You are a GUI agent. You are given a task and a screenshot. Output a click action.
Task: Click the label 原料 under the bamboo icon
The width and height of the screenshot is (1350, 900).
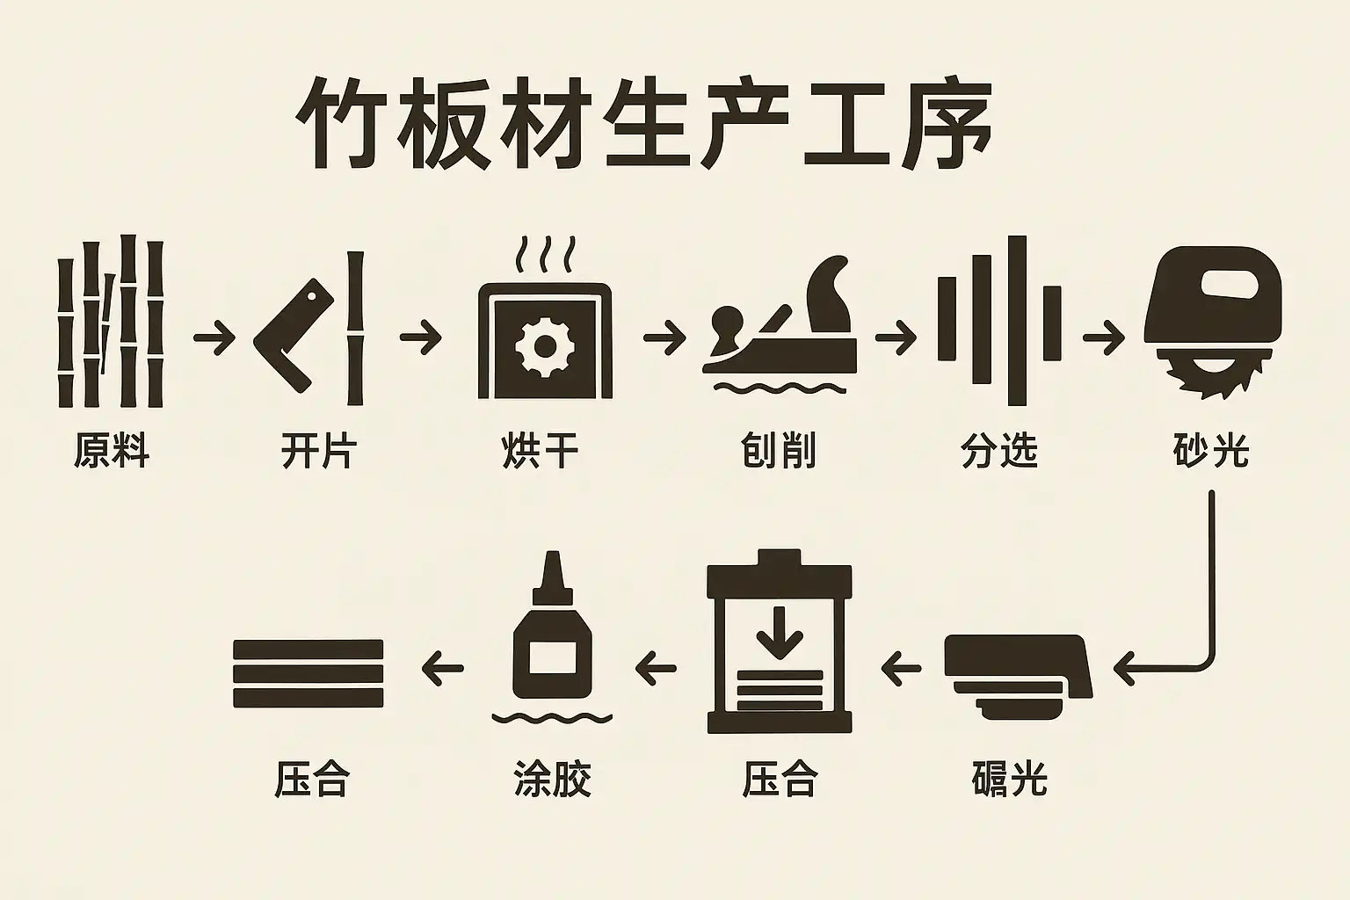[x=112, y=450]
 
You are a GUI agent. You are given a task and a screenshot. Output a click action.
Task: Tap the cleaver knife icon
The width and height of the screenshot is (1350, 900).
[x=294, y=336]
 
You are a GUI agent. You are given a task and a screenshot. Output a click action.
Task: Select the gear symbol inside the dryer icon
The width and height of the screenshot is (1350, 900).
[x=545, y=346]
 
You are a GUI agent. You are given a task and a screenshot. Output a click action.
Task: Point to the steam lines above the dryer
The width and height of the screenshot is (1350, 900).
[x=546, y=254]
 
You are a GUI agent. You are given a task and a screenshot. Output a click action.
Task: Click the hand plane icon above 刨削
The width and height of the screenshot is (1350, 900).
[x=780, y=323]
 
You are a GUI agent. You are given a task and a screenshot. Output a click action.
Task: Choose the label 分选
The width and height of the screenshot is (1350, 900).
[x=999, y=450]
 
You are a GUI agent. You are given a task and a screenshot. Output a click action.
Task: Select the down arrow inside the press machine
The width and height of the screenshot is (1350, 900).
[x=780, y=632]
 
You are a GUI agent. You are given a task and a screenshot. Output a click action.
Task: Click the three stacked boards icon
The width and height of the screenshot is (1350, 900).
[x=308, y=673]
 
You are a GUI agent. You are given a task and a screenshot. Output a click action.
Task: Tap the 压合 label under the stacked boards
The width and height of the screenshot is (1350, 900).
[x=312, y=779]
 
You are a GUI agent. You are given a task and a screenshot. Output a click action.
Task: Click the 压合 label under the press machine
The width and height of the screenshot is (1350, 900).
[x=780, y=779]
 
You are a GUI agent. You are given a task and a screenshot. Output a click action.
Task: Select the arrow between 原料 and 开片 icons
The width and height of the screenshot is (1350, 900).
[x=214, y=337]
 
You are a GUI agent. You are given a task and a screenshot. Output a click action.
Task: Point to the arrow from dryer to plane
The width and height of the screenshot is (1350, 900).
[x=664, y=337]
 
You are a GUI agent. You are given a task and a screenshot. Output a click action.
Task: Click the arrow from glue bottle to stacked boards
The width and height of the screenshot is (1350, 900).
[x=442, y=669]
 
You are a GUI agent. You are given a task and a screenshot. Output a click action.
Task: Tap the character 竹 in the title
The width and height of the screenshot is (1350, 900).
[x=339, y=124]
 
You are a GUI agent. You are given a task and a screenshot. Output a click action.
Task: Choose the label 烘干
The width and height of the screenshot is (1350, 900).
[x=540, y=450]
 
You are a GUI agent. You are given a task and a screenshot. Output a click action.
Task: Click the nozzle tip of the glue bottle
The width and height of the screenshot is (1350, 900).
[x=552, y=555]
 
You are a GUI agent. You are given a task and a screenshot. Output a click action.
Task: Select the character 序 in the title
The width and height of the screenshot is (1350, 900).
[x=947, y=124]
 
